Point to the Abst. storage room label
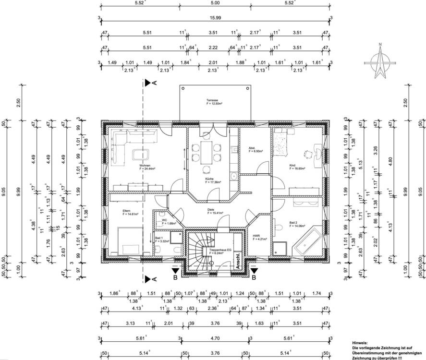click(252, 148)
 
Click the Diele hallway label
click(211, 209)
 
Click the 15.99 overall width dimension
click(215, 18)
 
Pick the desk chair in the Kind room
click(306, 154)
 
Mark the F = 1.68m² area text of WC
click(169, 223)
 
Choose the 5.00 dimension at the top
click(215, 3)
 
